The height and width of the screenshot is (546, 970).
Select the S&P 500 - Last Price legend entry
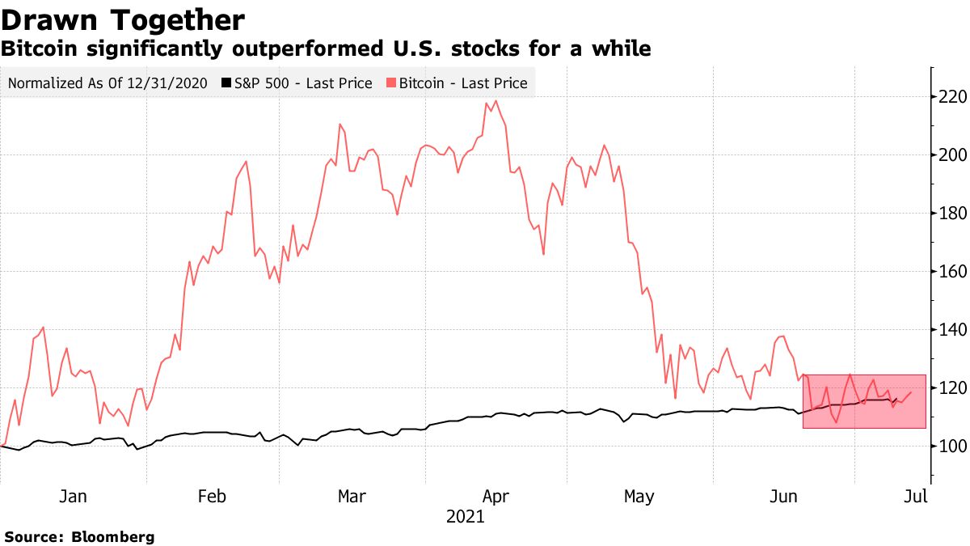click(303, 83)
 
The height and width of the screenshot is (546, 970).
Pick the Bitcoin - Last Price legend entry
click(463, 83)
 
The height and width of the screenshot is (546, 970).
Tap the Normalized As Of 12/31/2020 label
click(108, 83)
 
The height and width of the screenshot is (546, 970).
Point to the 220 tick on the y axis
click(949, 97)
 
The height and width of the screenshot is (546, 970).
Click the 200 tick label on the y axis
click(949, 155)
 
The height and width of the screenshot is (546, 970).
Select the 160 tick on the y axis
click(949, 272)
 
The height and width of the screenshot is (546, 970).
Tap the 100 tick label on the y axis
click(949, 447)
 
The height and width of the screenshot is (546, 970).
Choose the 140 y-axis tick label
click(949, 330)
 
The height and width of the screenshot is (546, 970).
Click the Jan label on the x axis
click(73, 495)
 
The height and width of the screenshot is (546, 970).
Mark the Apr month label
click(495, 495)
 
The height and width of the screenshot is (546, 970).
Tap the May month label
click(639, 495)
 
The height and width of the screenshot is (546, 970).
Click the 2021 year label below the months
click(465, 517)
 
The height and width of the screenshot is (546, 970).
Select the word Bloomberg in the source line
click(113, 536)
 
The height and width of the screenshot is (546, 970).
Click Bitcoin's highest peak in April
click(495, 101)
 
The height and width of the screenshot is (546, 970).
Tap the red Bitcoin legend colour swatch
click(391, 83)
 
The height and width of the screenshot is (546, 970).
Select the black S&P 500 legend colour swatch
click(227, 83)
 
